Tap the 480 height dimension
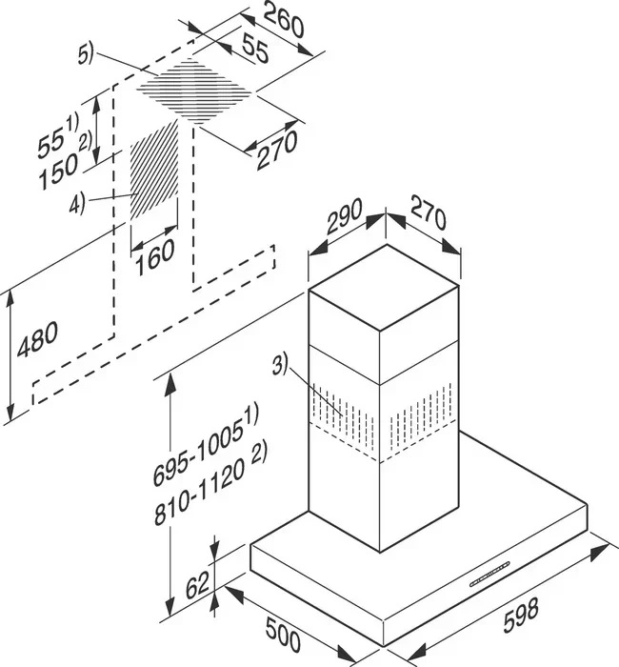click(x=37, y=339)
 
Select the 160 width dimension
click(x=154, y=257)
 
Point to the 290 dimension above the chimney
click(x=345, y=216)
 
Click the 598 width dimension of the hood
click(x=521, y=616)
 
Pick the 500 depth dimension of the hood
click(x=283, y=635)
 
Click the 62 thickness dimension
click(x=198, y=585)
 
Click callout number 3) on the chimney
click(x=280, y=365)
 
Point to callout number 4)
click(x=77, y=203)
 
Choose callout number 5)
click(x=85, y=55)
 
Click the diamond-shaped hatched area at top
click(x=194, y=91)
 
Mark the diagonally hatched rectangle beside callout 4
click(x=154, y=171)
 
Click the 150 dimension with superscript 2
click(x=64, y=163)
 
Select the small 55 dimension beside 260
click(x=255, y=48)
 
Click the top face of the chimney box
click(x=384, y=288)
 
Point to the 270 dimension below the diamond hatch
click(x=277, y=150)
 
